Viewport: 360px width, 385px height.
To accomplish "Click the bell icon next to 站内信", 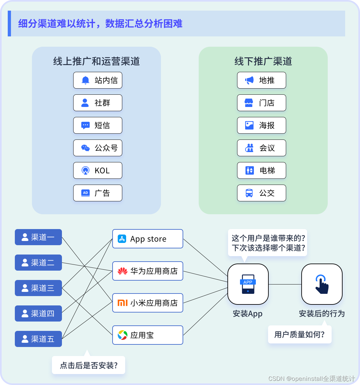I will [85, 80].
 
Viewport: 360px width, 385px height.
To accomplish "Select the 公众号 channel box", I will [97, 148].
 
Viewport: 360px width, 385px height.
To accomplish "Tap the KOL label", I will [102, 171].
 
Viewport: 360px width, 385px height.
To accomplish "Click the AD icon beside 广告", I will [85, 193].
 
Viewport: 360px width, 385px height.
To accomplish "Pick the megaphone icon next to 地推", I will [249, 80].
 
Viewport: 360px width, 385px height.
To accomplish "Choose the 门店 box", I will [261, 103].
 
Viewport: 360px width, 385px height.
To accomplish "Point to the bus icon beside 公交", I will [249, 193].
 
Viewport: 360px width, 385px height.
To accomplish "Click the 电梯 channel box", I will [261, 170].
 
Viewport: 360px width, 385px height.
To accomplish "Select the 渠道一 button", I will [38, 237].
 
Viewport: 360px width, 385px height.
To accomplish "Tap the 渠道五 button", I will [38, 339].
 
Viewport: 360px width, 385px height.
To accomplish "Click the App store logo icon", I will [122, 239].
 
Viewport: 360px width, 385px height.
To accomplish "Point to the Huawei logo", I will [123, 271].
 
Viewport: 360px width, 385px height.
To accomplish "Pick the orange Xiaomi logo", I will [123, 303].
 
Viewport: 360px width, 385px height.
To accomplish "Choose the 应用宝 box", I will [147, 335].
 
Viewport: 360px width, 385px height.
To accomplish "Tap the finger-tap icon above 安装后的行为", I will [322, 284].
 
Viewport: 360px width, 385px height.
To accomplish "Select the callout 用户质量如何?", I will [299, 334].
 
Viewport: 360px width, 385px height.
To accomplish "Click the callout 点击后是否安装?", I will [88, 365].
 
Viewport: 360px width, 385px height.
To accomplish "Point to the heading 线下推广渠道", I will [263, 61].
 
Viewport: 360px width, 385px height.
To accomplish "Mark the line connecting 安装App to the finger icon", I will [285, 284].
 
